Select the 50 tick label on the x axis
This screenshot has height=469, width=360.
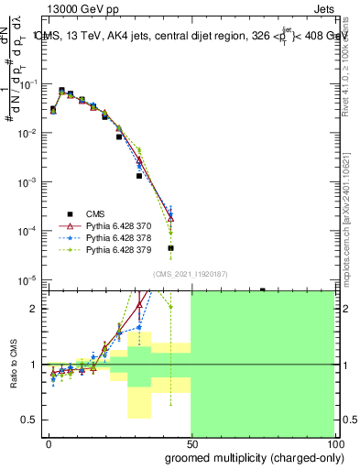point(191,442)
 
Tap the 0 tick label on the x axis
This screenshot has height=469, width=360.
point(49,442)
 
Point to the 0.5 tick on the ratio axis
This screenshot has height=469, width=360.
point(32,420)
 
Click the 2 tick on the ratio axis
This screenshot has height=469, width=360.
point(36,309)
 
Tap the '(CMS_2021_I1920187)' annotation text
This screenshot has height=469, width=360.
point(189,273)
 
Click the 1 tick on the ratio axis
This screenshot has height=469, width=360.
point(36,365)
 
